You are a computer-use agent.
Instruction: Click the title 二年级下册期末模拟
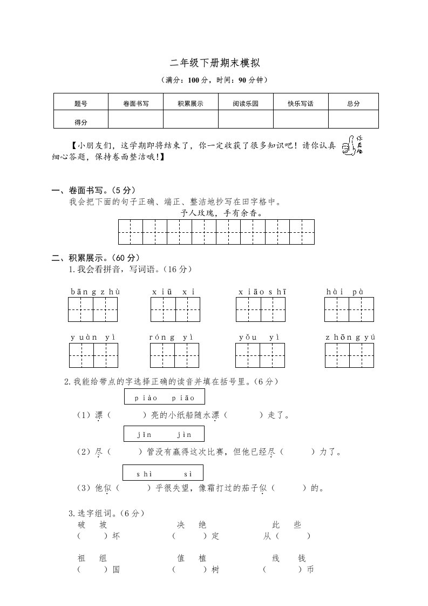tap(215, 64)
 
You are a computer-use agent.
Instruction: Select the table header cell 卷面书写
tap(136, 103)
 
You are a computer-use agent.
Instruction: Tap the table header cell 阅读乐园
tap(246, 103)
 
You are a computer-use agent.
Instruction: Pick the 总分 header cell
tap(354, 103)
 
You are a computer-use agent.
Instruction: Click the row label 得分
tap(81, 122)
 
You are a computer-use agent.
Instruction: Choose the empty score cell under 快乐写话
tap(301, 119)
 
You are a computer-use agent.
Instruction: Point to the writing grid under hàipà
tap(349, 309)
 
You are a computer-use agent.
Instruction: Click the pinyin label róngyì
tap(171, 338)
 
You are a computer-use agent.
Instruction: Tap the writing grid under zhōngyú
tap(350, 355)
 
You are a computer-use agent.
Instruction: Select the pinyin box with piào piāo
tap(164, 398)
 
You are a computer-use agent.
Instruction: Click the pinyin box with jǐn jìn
tap(164, 434)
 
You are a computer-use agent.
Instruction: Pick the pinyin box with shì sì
tap(164, 474)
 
